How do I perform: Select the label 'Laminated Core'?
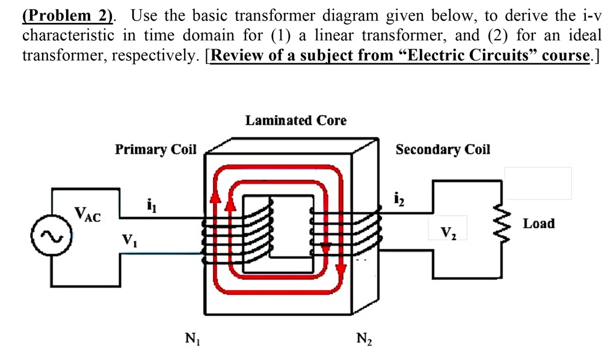coord(295,120)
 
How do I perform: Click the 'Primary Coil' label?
coord(156,149)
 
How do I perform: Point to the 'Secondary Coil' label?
coord(443,149)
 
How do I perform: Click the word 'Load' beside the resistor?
coord(538,224)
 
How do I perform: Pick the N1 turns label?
coord(191,339)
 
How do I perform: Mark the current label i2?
coord(398,197)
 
